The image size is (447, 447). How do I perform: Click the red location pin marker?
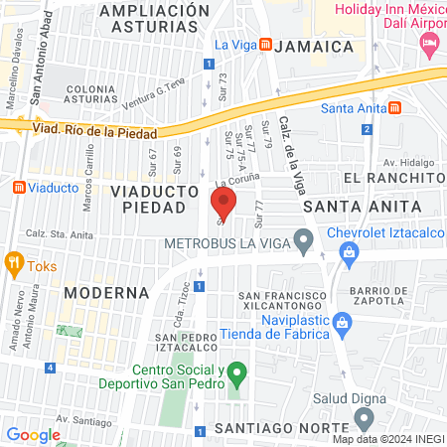pos(223,206)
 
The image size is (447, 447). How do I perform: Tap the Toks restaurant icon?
pos(14,263)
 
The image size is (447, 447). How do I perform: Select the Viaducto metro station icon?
pos(18,187)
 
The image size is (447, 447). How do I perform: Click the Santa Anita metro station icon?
pos(394,108)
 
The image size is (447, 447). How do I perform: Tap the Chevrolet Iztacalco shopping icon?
pos(351,254)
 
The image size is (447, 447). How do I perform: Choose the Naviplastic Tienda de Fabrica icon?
pos(342,323)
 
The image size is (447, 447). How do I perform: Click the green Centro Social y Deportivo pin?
pos(236,375)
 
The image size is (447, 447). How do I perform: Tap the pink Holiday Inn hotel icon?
pos(429,43)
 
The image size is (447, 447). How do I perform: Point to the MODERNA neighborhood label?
pos(106,293)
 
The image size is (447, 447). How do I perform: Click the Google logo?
pos(33,434)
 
